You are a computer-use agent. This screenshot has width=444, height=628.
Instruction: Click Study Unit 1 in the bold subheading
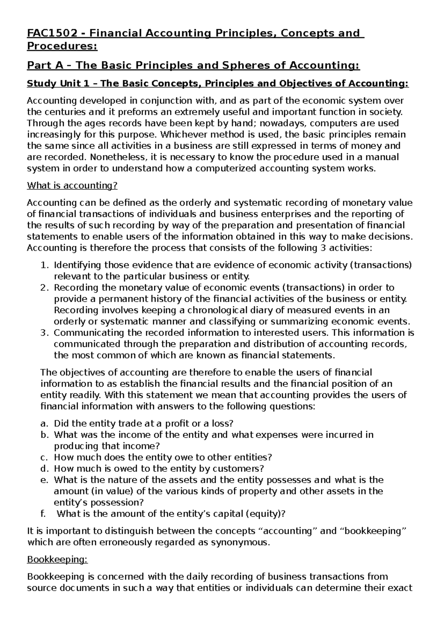pos(58,83)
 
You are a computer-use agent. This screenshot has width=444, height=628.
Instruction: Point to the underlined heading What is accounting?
pos(72,186)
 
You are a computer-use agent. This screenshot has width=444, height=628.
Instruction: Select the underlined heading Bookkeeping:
pos(57,559)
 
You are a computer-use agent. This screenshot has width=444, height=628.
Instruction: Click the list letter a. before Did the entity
pos(44,424)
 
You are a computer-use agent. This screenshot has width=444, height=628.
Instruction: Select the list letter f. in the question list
pos(44,514)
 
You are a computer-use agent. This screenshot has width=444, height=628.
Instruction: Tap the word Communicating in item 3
pos(89,333)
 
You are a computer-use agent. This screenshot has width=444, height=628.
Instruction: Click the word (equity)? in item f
pos(266,514)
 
